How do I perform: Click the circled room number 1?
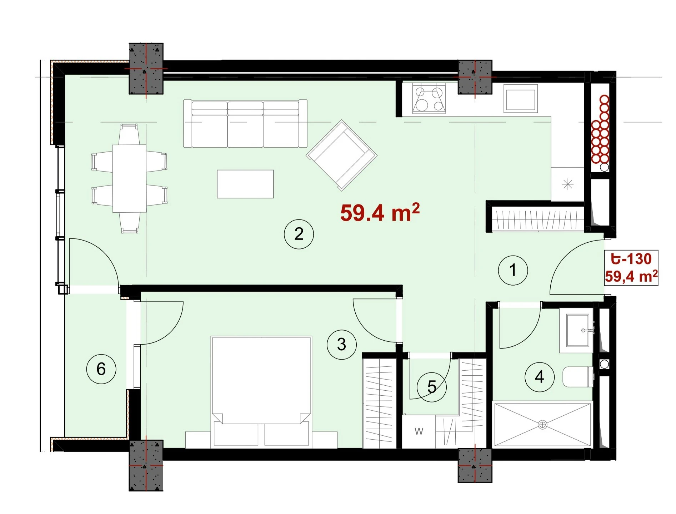[513, 270]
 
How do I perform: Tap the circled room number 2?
[299, 234]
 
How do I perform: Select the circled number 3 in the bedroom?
[342, 345]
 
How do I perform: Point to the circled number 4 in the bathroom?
[540, 377]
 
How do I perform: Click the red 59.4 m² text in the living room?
[380, 213]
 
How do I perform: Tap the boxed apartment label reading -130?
[631, 259]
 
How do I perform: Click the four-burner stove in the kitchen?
[429, 98]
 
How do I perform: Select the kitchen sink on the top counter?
[521, 98]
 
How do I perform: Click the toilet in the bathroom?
[578, 377]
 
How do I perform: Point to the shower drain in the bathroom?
[542, 425]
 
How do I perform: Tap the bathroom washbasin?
[577, 331]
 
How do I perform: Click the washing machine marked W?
[419, 431]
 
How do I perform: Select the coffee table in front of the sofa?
[245, 184]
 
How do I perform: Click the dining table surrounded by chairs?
[129, 178]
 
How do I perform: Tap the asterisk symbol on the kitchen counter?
[567, 184]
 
